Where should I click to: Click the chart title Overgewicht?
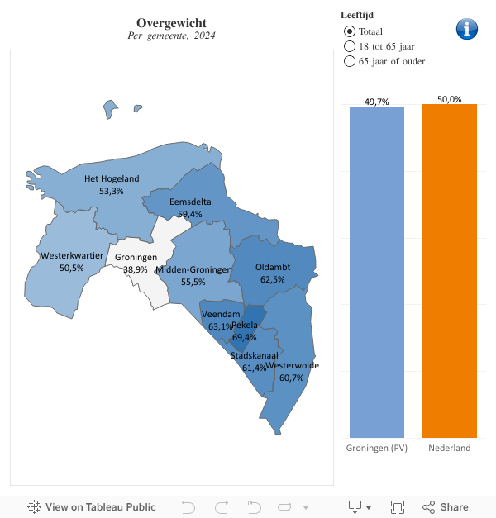[171, 22]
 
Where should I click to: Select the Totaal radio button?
[349, 31]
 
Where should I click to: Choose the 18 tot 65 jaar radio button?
[349, 46]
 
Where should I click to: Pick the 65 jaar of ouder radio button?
[349, 61]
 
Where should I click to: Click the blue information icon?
[467, 28]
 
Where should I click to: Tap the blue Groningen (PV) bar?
[377, 273]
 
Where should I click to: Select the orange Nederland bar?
[450, 273]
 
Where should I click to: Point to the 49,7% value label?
[377, 102]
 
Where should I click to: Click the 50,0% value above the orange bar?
[450, 99]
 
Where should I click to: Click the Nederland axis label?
[450, 448]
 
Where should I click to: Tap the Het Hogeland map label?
[112, 178]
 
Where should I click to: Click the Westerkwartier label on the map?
[71, 256]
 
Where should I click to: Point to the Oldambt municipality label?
[273, 268]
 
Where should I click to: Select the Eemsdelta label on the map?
[190, 202]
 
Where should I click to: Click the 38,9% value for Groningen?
[136, 269]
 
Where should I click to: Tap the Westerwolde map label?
[293, 365]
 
